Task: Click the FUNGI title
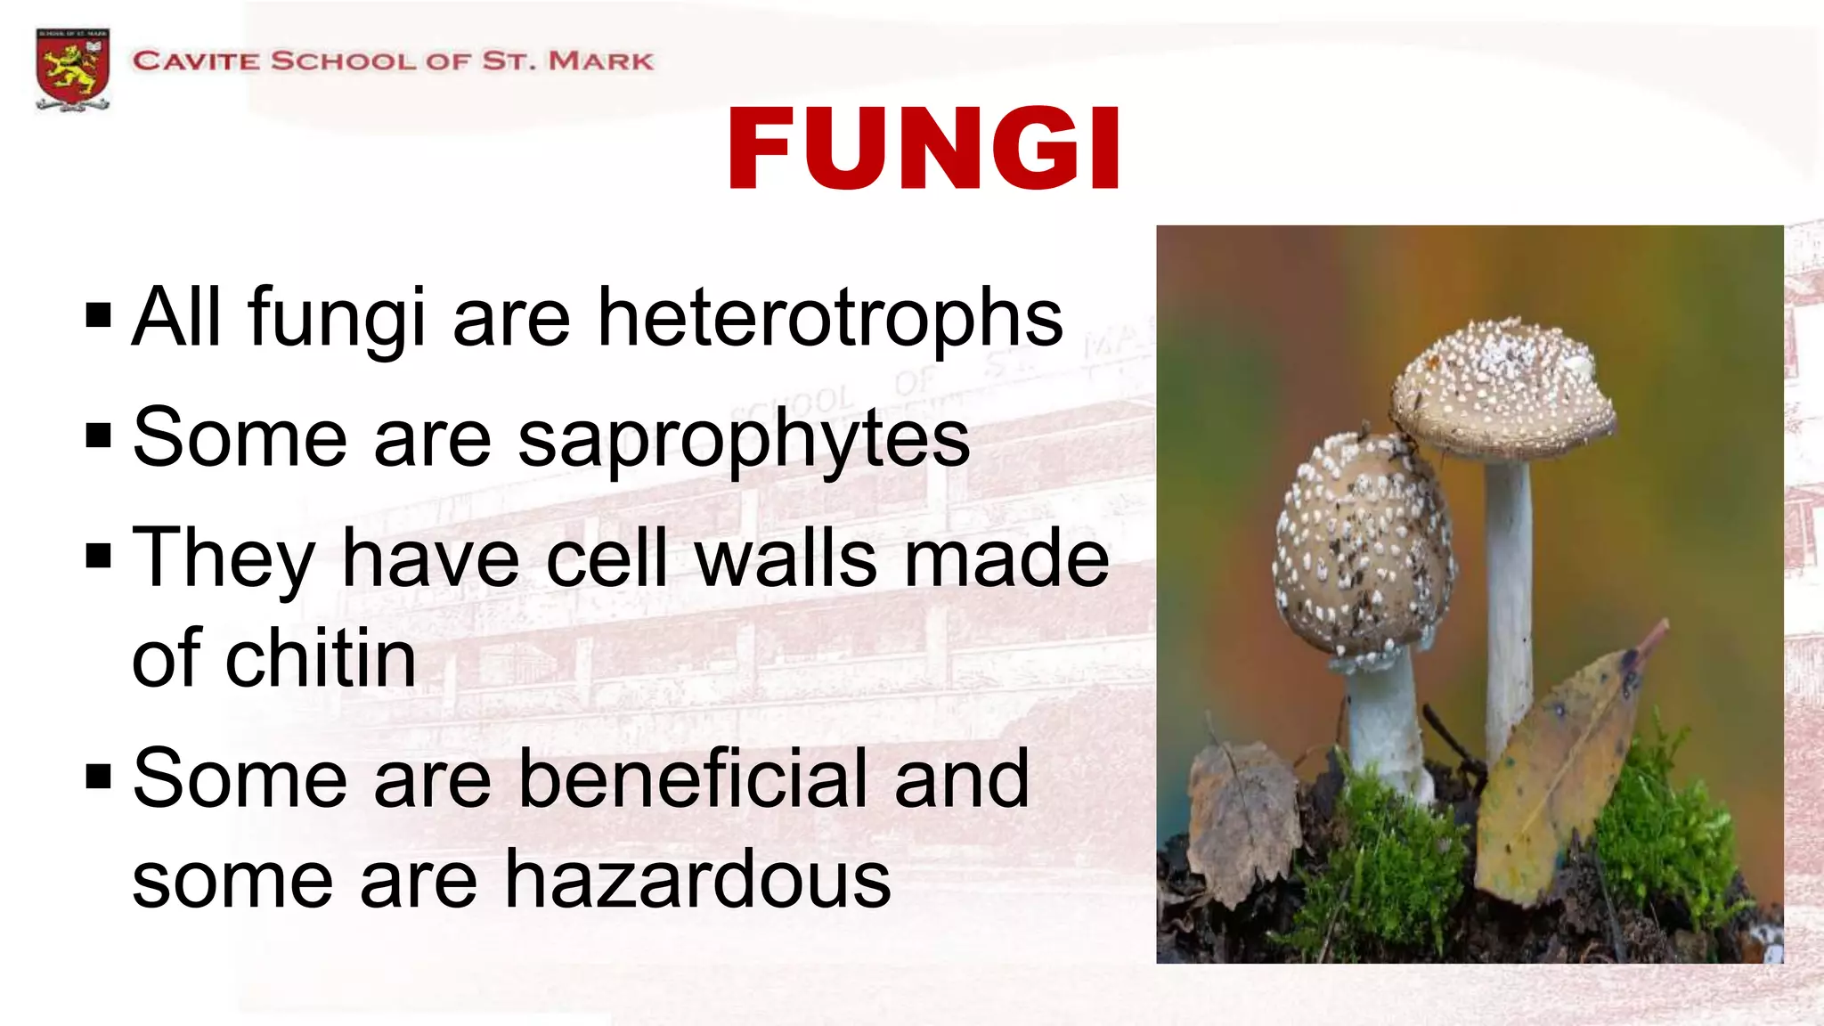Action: pos(924,149)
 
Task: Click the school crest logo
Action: pos(73,69)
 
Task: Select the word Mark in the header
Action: pos(600,61)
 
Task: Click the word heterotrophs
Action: pos(830,317)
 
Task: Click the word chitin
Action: pos(321,659)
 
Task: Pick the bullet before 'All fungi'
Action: pos(99,315)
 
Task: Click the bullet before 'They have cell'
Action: pos(99,557)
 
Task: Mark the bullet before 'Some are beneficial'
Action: pos(99,777)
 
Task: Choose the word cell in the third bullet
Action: pos(606,558)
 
